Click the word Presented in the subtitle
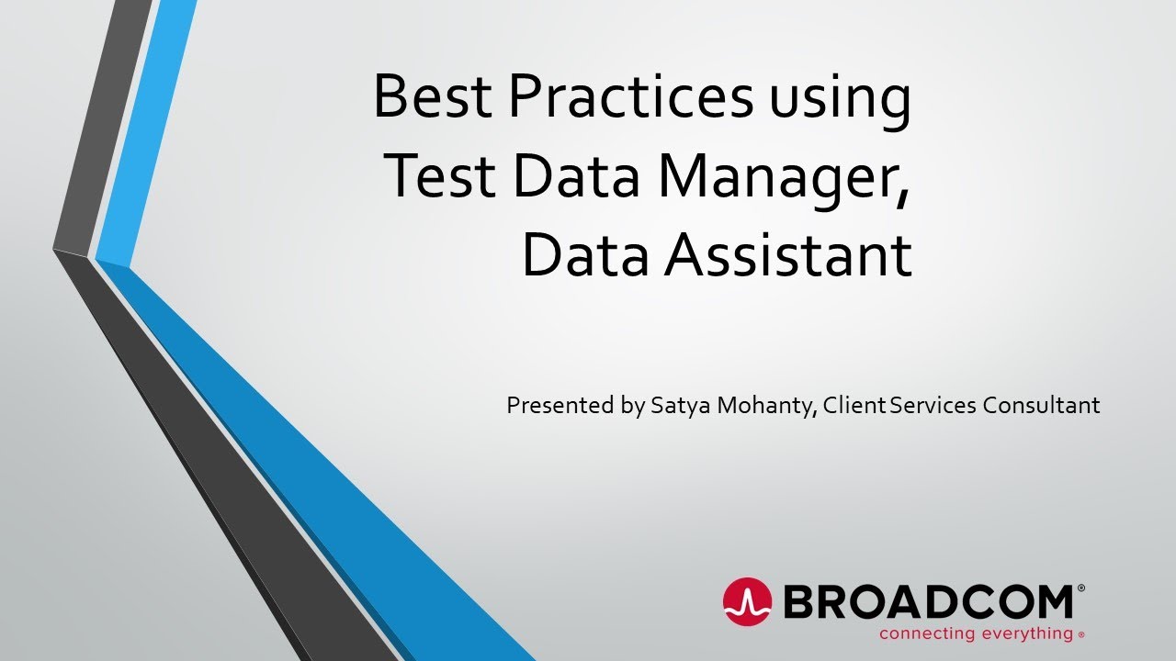pos(561,405)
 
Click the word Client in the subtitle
pos(854,405)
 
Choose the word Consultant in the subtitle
pos(1041,405)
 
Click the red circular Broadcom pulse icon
pos(747,602)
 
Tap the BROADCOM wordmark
pos(927,602)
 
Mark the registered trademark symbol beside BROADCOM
pos(1080,587)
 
